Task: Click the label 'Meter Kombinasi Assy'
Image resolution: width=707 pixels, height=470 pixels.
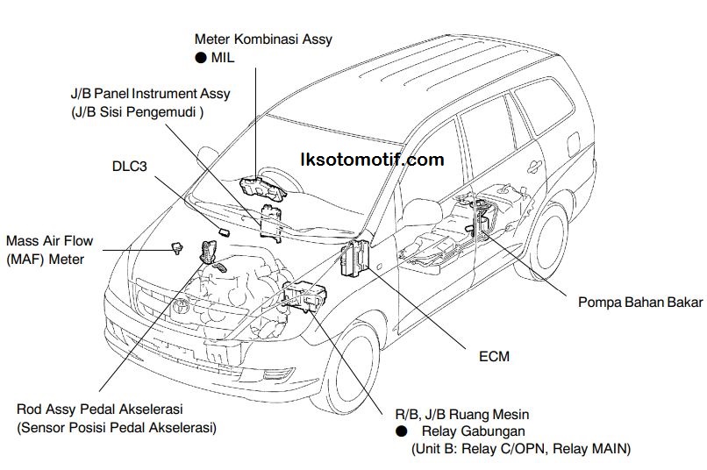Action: [263, 39]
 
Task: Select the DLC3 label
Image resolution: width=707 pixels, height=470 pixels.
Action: [131, 165]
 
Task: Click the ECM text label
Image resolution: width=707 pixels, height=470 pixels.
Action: [494, 357]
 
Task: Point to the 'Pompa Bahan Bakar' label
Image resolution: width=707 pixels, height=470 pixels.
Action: [639, 303]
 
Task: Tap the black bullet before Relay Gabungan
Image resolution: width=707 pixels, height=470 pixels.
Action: [401, 431]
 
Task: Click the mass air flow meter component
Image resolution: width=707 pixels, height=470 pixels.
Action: [176, 248]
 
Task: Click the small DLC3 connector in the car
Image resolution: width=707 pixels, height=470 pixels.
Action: [225, 232]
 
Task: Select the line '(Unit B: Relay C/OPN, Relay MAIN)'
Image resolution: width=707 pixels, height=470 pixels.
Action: [520, 449]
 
